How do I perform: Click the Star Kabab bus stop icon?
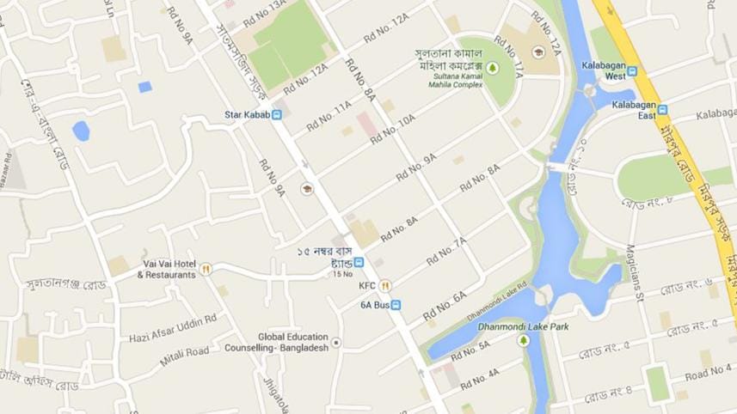277,115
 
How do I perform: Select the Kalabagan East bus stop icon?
662,110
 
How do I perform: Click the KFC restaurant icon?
386,285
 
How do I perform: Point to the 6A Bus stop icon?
396,304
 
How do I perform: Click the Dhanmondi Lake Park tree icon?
523,340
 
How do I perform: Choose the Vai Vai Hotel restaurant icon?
205,270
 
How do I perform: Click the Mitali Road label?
184,351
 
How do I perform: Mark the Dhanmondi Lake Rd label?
497,301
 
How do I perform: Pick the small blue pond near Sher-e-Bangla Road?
81,131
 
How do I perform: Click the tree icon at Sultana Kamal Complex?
493,67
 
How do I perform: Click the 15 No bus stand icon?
359,262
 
